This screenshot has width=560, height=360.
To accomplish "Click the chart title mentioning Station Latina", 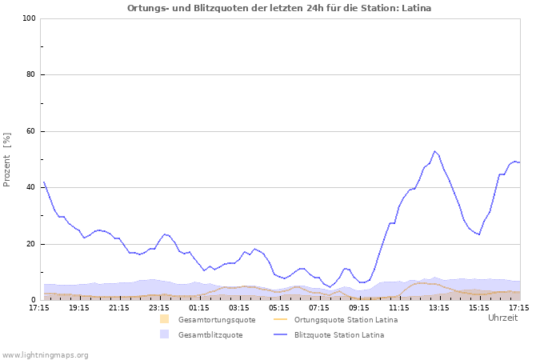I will pos(279,8).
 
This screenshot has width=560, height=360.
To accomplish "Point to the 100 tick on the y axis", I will pos(29,18).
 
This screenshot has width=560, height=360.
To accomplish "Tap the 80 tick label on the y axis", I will pos(31,75).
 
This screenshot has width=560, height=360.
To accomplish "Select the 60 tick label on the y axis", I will pos(31,131).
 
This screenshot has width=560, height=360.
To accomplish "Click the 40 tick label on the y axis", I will pos(31,188).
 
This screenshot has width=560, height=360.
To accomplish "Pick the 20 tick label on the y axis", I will pos(31,244).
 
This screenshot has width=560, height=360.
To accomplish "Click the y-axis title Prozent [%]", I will pos(8,159).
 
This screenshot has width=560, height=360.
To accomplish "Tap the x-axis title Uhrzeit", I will pos(502,318).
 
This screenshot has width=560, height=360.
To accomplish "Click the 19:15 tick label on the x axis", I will pos(79,307).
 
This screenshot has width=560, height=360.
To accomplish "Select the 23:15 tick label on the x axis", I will pos(159,307).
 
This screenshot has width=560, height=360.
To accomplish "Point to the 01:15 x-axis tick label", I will pos(199,307).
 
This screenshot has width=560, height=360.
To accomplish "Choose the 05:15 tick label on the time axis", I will pos(279,307).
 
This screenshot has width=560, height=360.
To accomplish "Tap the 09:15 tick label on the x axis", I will pos(359,307).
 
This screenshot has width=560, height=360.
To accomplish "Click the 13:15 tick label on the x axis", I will pos(439,307).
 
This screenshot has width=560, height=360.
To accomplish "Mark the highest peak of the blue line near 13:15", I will pos(434,151).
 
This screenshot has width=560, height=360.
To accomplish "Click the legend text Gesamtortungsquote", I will pos(217,320).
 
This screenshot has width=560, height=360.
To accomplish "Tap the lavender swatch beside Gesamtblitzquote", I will pos(164,334).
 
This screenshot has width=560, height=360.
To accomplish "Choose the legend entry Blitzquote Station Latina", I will pos(339,335).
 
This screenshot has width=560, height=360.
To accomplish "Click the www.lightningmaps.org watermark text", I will pos(46,354).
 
